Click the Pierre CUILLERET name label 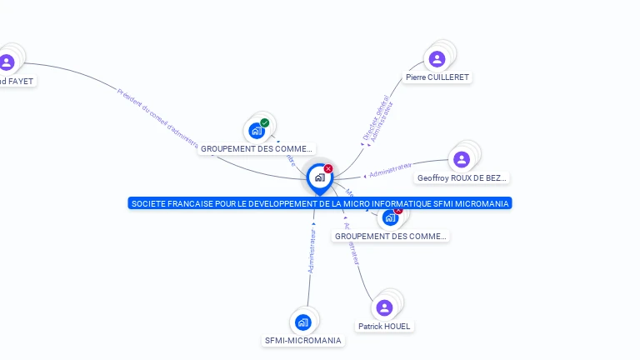tap(437, 77)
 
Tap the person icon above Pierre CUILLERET tap(437, 59)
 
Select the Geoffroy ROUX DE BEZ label tap(462, 177)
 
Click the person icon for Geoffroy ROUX tap(462, 159)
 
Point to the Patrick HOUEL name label tap(384, 326)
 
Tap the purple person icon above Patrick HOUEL tap(384, 307)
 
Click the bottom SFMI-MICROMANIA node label tap(303, 340)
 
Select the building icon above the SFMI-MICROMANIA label tap(303, 322)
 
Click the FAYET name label tap(17, 81)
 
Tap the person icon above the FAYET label tap(7, 62)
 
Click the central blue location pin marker tap(319, 177)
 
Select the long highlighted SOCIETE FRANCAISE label tap(320, 203)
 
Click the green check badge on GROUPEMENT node tap(265, 123)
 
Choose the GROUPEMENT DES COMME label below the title tap(391, 236)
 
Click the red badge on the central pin tap(328, 168)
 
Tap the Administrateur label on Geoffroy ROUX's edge tap(391, 171)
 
